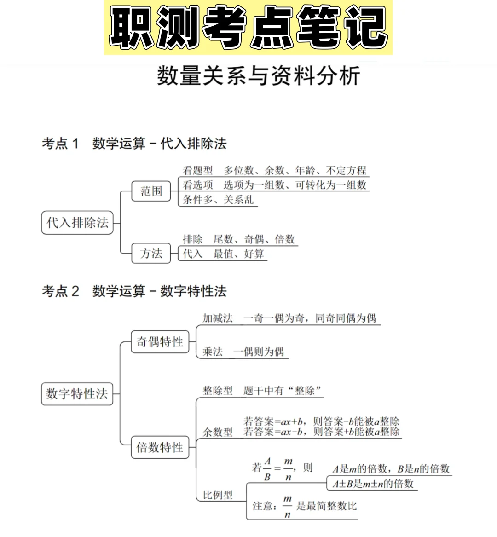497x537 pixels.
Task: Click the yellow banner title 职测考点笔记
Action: click(x=248, y=28)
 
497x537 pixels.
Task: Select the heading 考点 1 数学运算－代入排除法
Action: click(x=134, y=144)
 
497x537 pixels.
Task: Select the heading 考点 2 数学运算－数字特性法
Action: click(x=134, y=291)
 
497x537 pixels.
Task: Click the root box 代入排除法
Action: click(x=77, y=223)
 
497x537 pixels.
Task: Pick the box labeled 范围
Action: click(x=151, y=191)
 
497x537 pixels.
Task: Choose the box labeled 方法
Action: click(x=151, y=254)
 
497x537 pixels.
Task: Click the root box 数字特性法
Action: click(x=77, y=394)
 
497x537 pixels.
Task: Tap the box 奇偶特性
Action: click(x=160, y=342)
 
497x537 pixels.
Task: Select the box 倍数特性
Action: click(x=160, y=447)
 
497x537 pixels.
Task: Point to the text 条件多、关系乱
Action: click(x=218, y=200)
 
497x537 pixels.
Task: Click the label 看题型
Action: click(x=198, y=171)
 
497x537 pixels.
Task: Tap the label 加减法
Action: click(x=218, y=318)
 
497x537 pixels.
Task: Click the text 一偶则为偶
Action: click(x=258, y=352)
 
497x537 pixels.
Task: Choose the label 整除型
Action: click(x=218, y=391)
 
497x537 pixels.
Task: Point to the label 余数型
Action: click(x=218, y=432)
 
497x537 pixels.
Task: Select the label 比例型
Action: click(x=218, y=495)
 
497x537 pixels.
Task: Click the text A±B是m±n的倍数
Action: click(x=373, y=484)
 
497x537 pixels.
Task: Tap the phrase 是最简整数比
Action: click(x=326, y=506)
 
